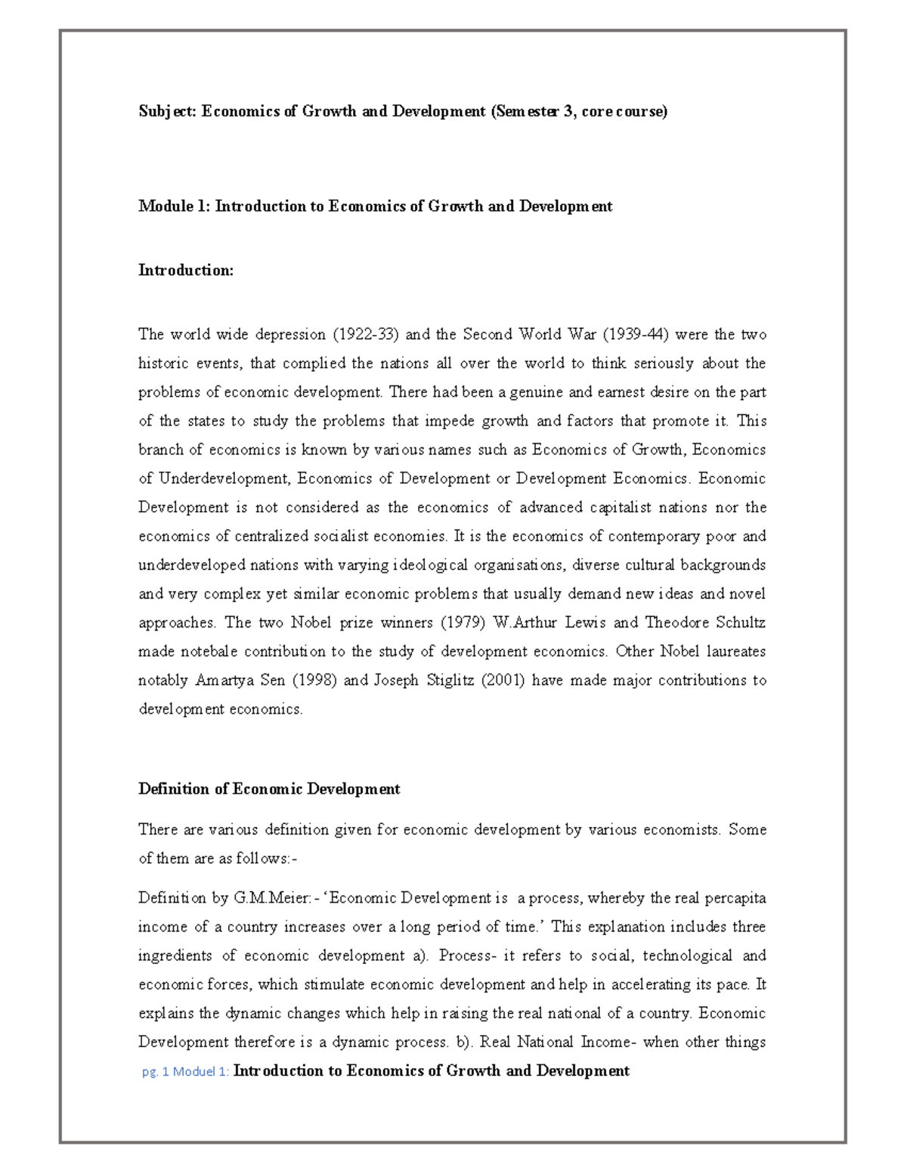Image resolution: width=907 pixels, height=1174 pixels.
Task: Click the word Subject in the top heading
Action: [x=167, y=112]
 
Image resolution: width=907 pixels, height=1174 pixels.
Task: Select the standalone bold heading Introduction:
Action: [x=186, y=271]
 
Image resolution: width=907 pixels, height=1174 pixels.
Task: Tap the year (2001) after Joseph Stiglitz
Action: [x=503, y=680]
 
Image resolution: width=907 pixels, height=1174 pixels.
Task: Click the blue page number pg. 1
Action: [x=155, y=1072]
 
